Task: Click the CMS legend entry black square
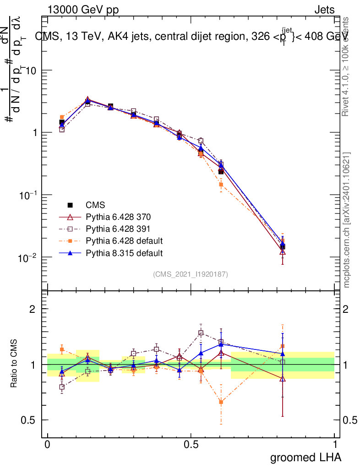click(70, 205)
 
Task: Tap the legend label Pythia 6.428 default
click(124, 240)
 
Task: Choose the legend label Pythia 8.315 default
click(124, 252)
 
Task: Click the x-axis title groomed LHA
click(305, 457)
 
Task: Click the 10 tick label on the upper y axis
click(30, 70)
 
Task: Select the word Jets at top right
click(324, 10)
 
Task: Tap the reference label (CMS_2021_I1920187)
click(191, 274)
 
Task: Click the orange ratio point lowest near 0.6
click(221, 402)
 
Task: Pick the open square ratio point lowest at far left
click(62, 387)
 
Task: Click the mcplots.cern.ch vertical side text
click(347, 220)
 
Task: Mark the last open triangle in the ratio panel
click(283, 379)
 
